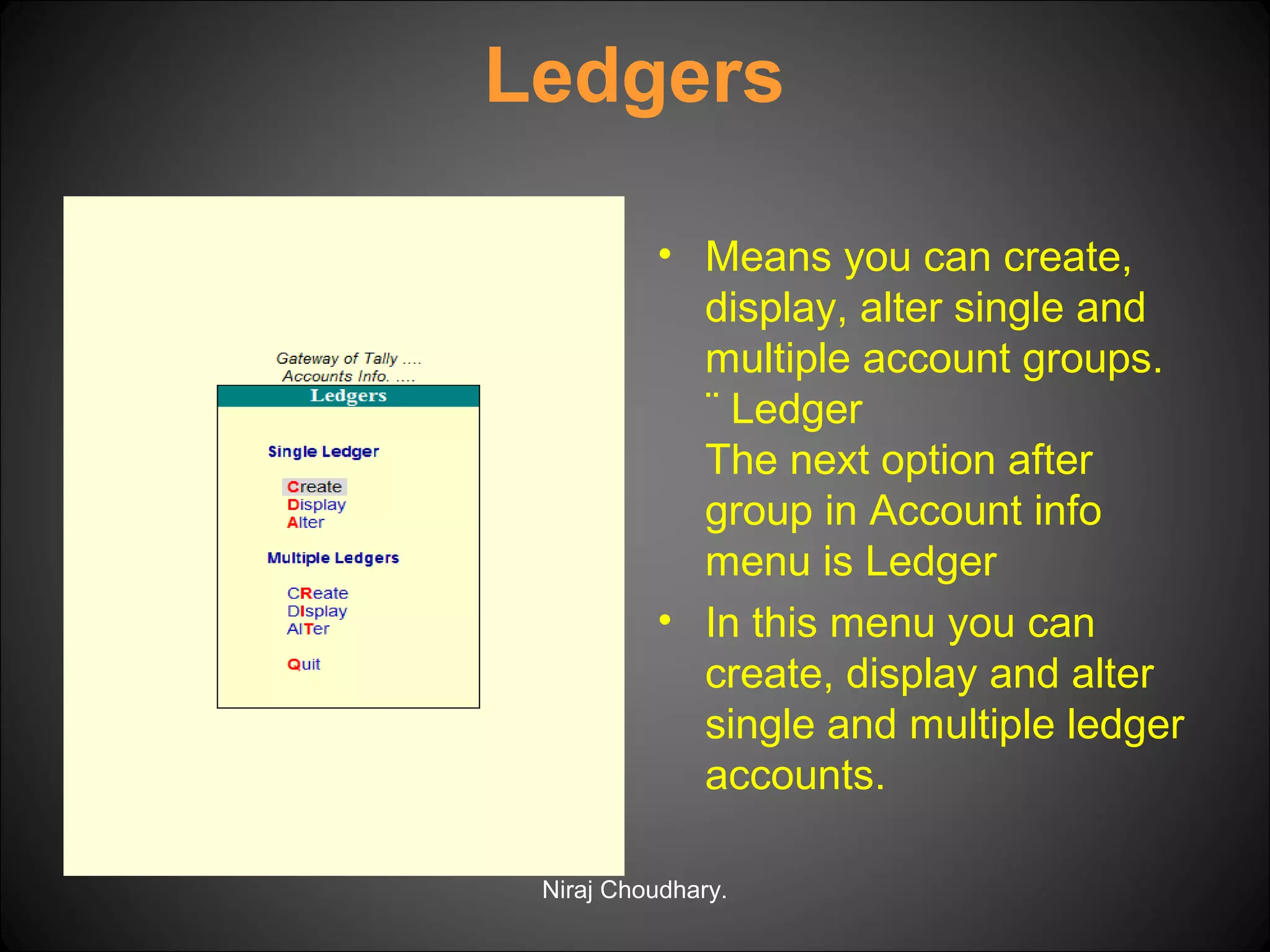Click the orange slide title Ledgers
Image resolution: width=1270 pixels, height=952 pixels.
[634, 77]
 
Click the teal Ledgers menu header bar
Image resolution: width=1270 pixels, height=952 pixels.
[348, 396]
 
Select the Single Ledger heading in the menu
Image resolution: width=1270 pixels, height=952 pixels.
[323, 452]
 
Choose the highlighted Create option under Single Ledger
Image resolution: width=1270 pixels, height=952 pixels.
[314, 487]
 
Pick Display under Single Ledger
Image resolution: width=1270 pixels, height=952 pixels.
[316, 505]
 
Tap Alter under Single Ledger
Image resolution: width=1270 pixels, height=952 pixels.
[306, 523]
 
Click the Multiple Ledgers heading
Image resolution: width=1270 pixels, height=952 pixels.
[333, 558]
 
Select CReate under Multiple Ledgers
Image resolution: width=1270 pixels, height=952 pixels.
[317, 594]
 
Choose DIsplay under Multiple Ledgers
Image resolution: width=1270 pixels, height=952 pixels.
[317, 612]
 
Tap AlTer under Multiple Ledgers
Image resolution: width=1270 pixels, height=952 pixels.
[308, 629]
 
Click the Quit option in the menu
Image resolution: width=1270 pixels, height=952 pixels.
[304, 664]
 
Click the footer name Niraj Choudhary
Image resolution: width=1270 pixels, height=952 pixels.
[634, 890]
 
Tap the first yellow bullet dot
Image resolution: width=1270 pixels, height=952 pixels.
[665, 254]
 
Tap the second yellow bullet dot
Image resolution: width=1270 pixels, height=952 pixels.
[665, 620]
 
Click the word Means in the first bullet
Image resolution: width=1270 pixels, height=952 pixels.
[768, 257]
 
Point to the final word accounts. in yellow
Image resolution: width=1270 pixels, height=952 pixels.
[795, 775]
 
